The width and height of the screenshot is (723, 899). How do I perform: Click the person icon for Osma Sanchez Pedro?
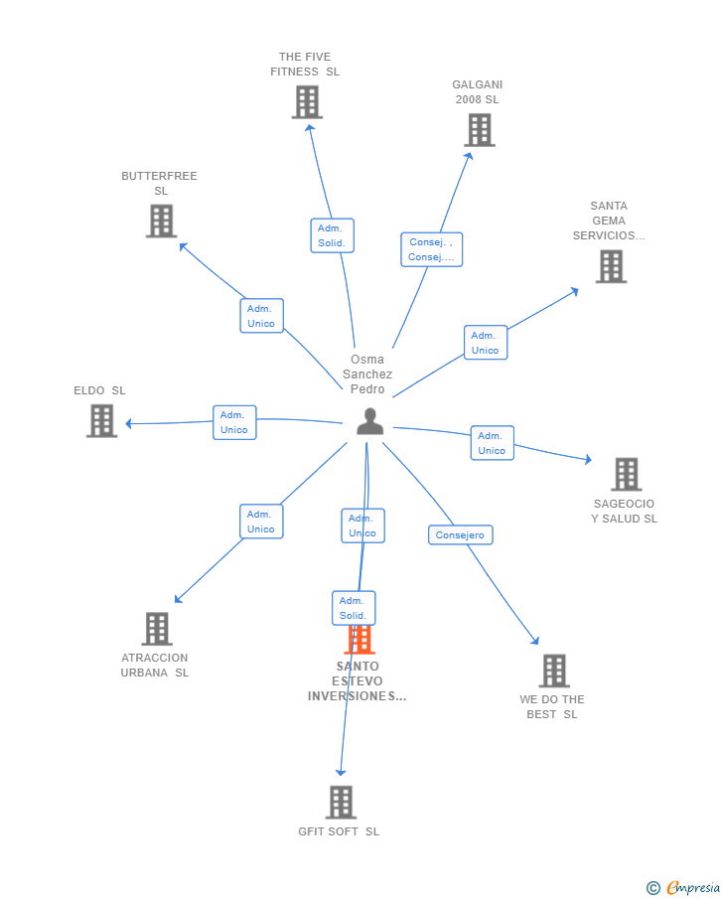tap(369, 421)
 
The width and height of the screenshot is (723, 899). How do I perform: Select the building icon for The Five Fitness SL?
tap(307, 102)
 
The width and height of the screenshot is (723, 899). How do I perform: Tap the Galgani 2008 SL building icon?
tap(479, 130)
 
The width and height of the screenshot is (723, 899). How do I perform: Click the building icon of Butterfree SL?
tap(161, 221)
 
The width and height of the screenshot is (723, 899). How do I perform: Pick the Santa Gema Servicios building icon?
tap(611, 266)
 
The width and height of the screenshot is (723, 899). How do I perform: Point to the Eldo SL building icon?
tap(101, 421)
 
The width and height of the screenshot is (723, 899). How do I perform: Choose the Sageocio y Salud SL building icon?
tap(626, 475)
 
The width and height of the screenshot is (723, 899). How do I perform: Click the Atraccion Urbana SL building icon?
tap(157, 629)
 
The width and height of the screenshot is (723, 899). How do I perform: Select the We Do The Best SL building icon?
tap(554, 672)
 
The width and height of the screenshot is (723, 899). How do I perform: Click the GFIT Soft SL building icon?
tap(341, 803)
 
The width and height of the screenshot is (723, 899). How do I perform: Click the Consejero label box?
tap(461, 535)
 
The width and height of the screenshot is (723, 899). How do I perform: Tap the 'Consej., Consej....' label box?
tap(431, 249)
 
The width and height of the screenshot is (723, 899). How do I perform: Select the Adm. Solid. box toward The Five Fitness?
tap(332, 235)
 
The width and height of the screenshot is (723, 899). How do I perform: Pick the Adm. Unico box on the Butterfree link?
tap(261, 316)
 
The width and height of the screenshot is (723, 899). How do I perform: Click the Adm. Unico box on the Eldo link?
tap(234, 422)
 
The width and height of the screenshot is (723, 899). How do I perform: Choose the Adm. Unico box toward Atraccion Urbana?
tap(261, 522)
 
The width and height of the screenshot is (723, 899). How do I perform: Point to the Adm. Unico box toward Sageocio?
tap(492, 443)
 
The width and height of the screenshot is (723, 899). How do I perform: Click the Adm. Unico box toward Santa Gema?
tap(485, 343)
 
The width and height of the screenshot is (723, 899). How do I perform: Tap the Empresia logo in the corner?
tap(684, 887)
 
